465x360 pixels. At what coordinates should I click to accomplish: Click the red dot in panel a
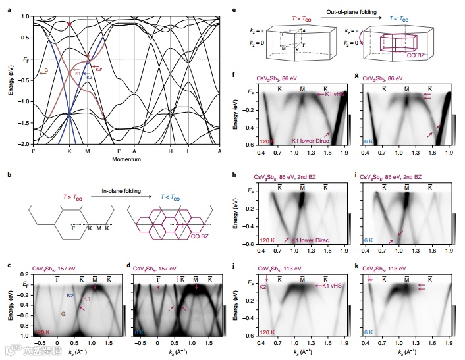pyautogui.click(x=70, y=24)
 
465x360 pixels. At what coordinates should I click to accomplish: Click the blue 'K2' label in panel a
pyautogui.click(x=90, y=77)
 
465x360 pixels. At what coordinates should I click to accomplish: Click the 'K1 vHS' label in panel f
pyautogui.click(x=338, y=95)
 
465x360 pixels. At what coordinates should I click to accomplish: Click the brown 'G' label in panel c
pyautogui.click(x=63, y=315)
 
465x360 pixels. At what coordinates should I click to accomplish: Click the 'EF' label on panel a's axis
pyautogui.click(x=25, y=59)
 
